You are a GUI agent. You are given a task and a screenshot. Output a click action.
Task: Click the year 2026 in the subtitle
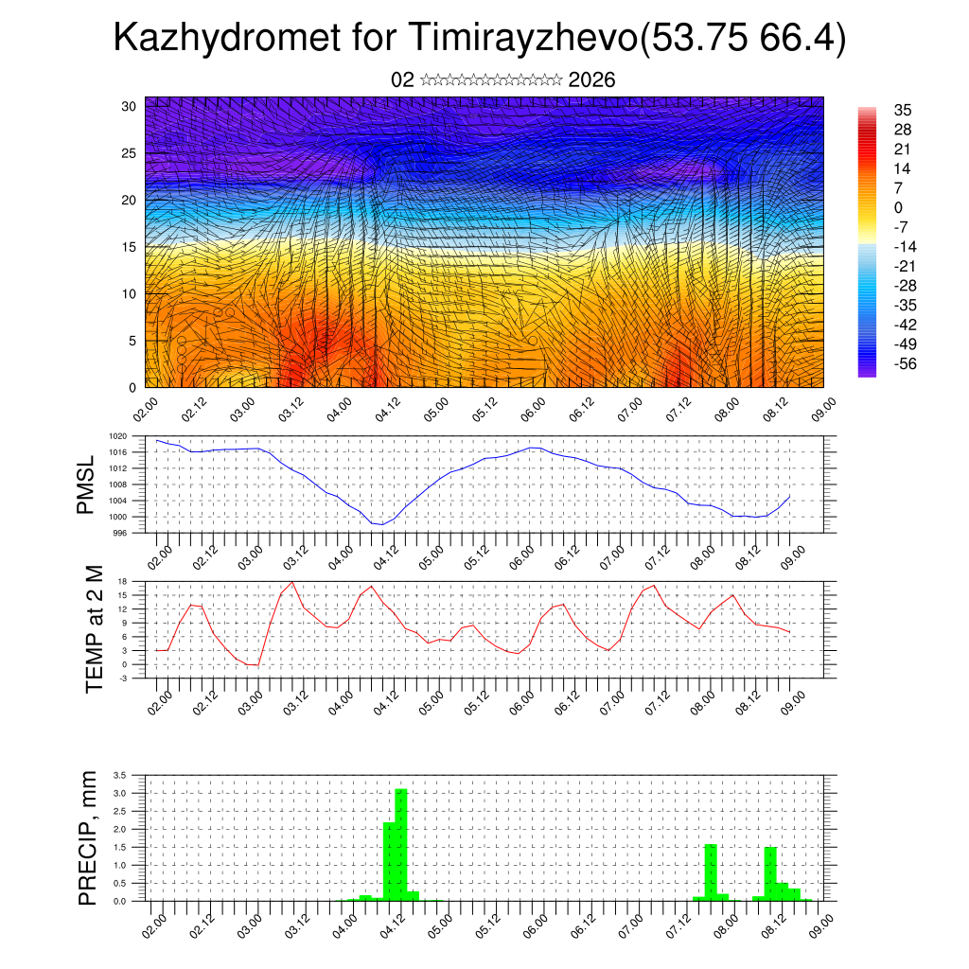pos(592,80)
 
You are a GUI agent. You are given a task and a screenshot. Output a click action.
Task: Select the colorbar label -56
pos(905,363)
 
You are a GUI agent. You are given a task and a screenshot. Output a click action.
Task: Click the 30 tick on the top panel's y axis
pos(129,106)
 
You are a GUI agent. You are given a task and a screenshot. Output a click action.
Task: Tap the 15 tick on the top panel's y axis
pos(129,247)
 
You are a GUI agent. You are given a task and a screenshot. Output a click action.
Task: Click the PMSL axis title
pos(87,484)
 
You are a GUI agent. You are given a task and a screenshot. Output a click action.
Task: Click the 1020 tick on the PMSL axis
pos(117,437)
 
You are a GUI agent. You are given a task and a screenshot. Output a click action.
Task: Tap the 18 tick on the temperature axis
pos(122,581)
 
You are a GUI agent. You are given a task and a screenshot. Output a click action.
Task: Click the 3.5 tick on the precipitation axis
pos(119,775)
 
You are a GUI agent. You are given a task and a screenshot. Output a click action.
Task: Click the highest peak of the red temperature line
pos(292,582)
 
